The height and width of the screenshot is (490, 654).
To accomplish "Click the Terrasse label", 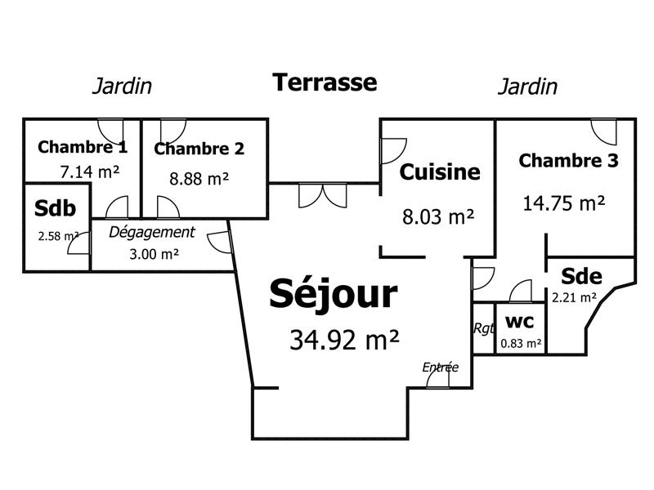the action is click(x=325, y=82).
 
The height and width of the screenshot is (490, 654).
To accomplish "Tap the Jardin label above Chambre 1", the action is click(x=122, y=86).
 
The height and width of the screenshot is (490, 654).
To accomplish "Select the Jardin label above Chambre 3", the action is click(x=527, y=87).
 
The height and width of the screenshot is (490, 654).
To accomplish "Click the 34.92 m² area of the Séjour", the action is click(x=344, y=339).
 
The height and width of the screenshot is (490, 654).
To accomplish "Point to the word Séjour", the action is click(x=334, y=294).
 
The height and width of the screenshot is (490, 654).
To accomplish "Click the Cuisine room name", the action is click(x=440, y=171).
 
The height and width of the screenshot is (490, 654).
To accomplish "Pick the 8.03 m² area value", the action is click(x=438, y=216).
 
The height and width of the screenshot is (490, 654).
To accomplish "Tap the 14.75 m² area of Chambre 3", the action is click(x=563, y=203).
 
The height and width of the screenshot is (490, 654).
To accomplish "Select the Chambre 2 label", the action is click(x=199, y=149).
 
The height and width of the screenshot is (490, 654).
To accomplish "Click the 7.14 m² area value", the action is click(x=90, y=171).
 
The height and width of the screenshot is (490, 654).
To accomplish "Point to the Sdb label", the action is click(x=55, y=208).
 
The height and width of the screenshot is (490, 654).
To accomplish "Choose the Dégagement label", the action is click(x=152, y=233).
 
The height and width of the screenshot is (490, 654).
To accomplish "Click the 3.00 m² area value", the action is click(x=154, y=254).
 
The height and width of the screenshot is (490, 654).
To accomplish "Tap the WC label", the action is click(x=519, y=322).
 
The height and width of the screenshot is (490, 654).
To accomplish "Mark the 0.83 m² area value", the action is click(x=521, y=343).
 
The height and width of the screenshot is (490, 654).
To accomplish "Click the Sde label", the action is click(x=581, y=276).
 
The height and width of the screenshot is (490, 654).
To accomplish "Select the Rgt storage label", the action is click(x=484, y=328).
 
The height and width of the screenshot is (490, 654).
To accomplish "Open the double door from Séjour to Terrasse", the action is click(x=322, y=196).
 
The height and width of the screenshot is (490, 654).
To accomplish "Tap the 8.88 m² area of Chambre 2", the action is click(x=199, y=179).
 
